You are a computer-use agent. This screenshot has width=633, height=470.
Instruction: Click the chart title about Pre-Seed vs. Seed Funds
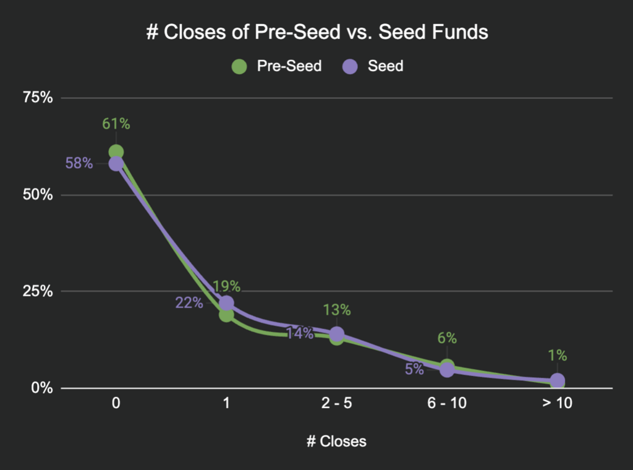[x=316, y=32]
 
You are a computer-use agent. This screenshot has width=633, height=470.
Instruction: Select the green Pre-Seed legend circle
[x=239, y=66]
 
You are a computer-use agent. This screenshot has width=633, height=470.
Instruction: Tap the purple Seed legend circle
[x=350, y=66]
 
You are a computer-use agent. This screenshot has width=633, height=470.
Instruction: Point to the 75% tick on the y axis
[x=38, y=98]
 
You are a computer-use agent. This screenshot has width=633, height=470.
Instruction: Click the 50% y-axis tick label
[x=38, y=195]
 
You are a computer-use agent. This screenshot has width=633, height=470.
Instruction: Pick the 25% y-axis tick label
[x=38, y=291]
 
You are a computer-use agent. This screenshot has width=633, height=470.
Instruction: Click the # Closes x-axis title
[x=336, y=442]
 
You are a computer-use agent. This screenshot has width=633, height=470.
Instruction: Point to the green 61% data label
[x=116, y=124]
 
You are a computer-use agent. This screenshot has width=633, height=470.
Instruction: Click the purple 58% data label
[x=79, y=164]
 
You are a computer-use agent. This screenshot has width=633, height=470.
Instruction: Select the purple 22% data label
[x=189, y=303]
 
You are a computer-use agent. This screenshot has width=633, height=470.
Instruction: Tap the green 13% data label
[x=336, y=309]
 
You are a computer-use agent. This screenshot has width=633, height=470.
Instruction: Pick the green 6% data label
[x=447, y=338]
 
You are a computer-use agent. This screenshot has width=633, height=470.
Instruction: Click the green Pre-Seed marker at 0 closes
[x=116, y=152]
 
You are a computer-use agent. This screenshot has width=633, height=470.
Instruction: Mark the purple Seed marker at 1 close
[x=226, y=303]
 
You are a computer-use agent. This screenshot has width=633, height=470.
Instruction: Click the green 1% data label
[x=557, y=356]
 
